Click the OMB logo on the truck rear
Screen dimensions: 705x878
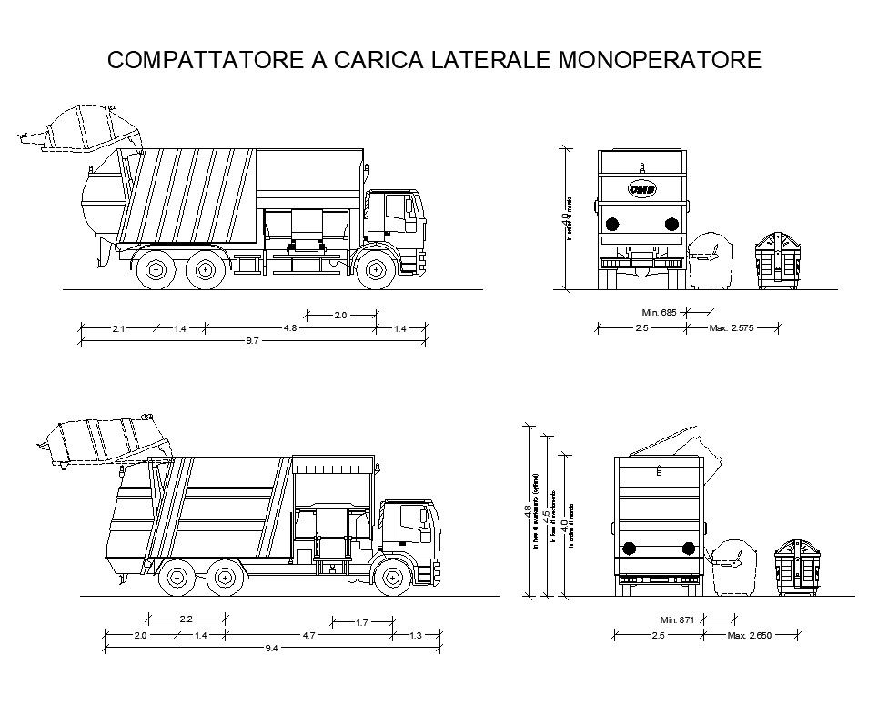pos(641,188)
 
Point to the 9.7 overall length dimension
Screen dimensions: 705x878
pos(253,340)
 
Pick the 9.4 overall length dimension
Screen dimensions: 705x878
pos(271,648)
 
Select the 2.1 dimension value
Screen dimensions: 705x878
pos(118,328)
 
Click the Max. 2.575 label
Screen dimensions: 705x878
pos(732,327)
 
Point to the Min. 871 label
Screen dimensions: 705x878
pos(677,619)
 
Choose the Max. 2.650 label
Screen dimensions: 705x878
pos(750,635)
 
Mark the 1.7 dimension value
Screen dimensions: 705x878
pos(361,622)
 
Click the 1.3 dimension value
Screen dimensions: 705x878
pos(416,635)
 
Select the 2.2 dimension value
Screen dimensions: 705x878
pos(187,619)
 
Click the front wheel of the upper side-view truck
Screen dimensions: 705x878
pos(374,270)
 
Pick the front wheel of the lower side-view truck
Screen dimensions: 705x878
pos(391,576)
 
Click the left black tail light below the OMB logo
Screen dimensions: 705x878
pos(612,224)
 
